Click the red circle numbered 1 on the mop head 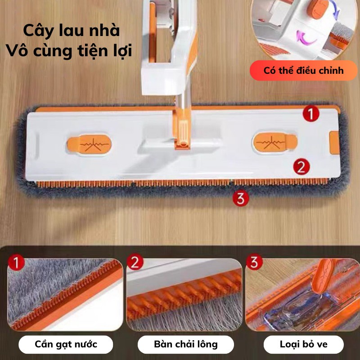(310, 113)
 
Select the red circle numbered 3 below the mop (240, 198)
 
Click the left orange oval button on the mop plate (89, 144)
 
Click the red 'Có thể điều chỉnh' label (303, 71)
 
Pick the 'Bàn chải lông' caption (185, 345)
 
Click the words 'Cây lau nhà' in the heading (72, 31)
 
